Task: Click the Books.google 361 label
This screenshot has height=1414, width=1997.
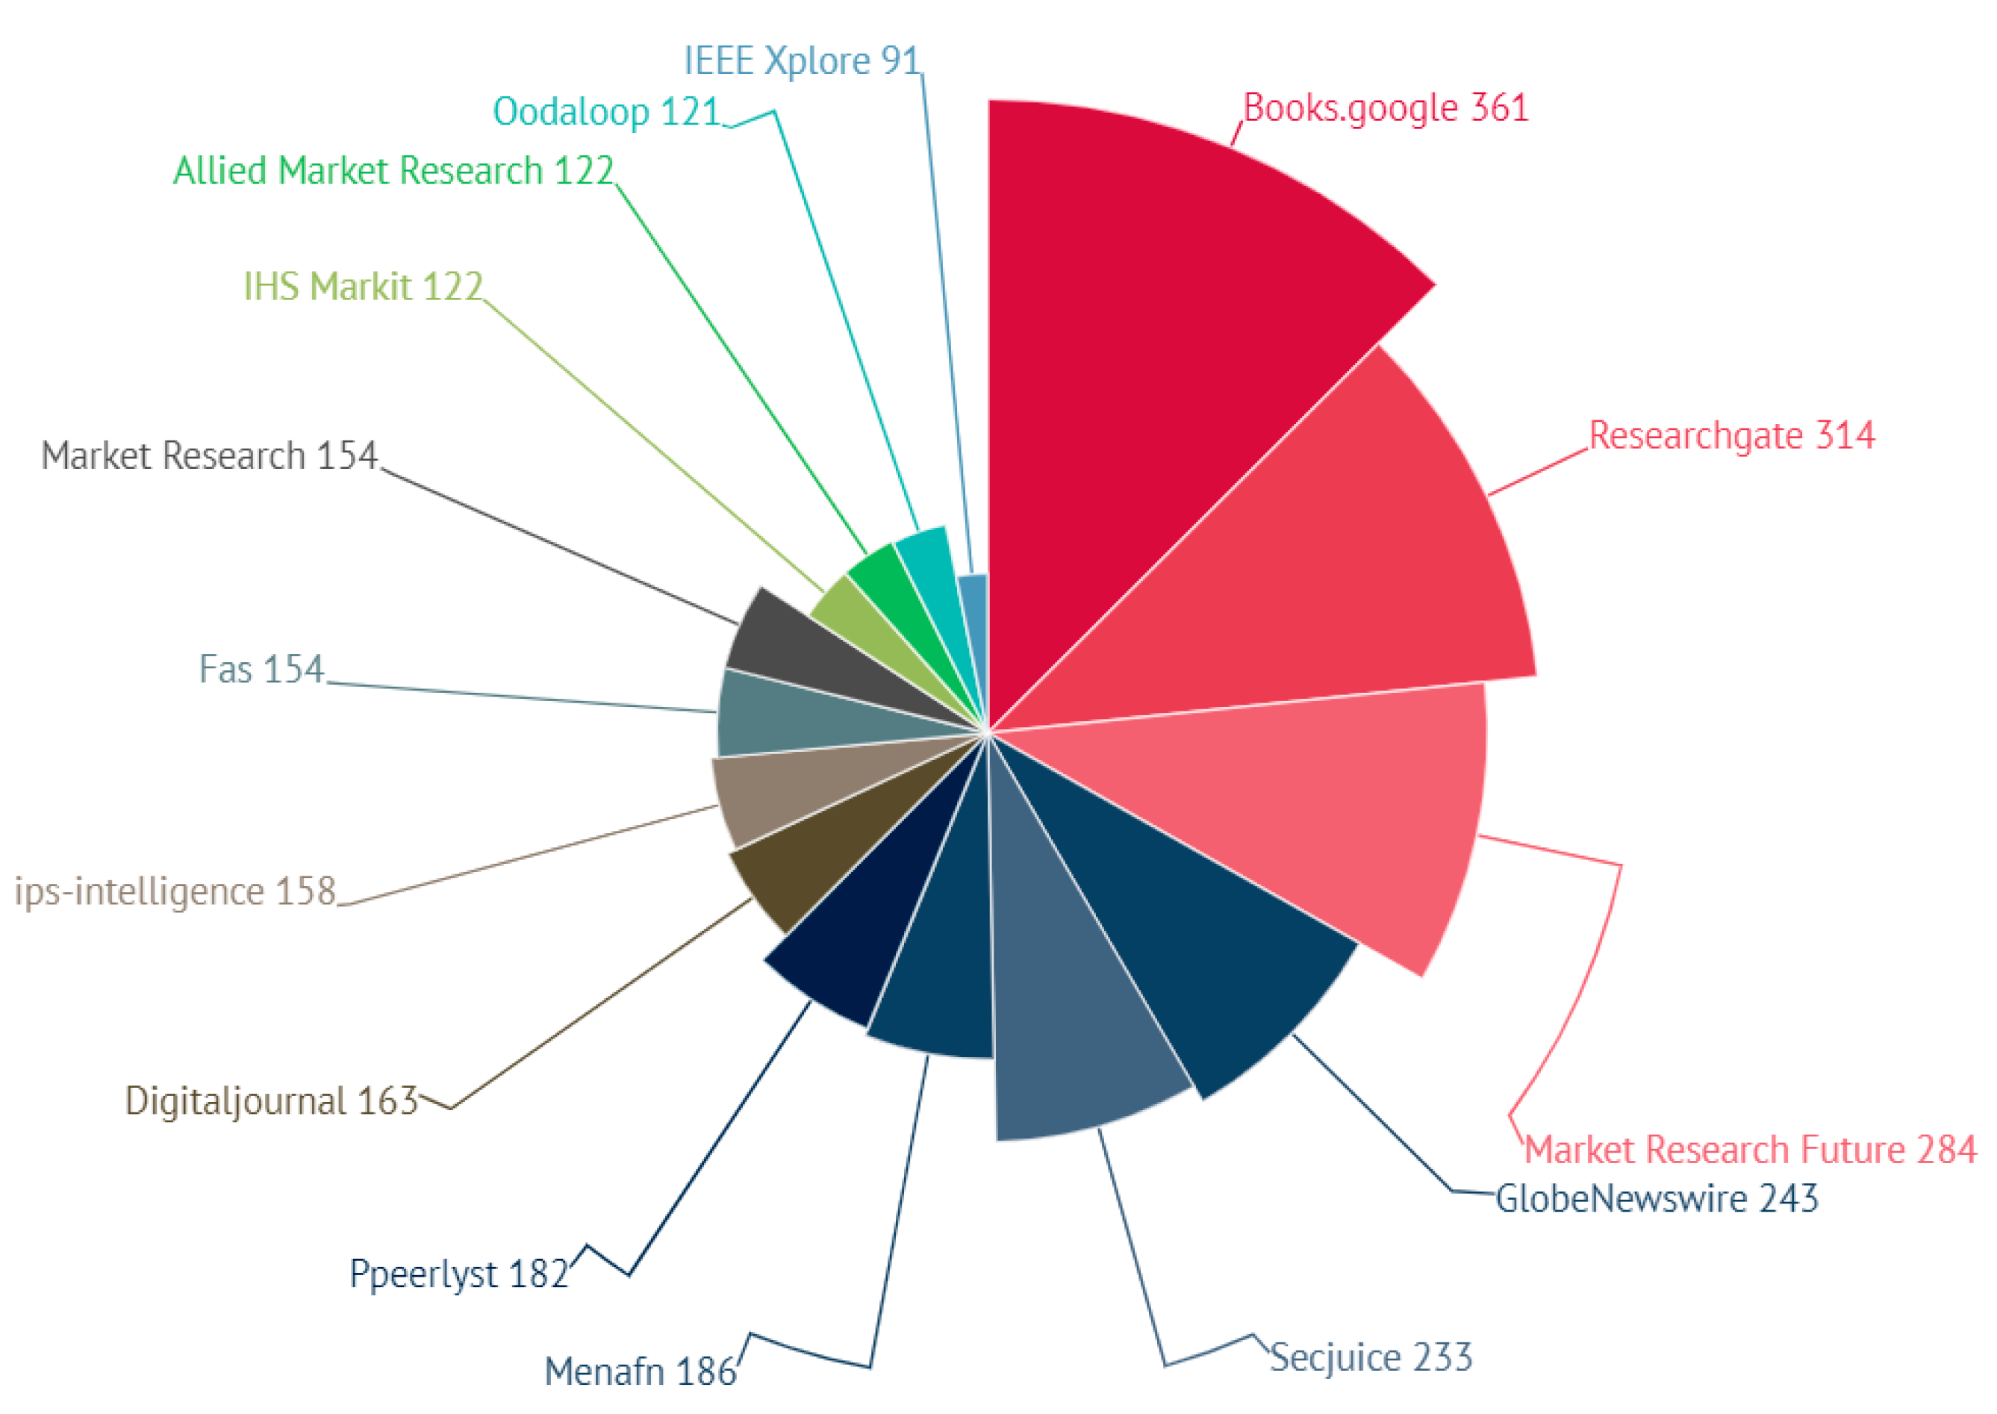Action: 1385,108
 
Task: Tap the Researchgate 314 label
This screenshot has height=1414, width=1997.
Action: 1731,435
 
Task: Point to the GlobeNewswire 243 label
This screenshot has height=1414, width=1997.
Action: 1657,1199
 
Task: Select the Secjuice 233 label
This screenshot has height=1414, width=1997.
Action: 1371,1357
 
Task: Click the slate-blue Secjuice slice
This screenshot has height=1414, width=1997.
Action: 1079,1027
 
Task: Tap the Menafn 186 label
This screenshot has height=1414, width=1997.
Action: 640,1371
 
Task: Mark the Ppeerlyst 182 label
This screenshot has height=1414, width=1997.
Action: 459,1274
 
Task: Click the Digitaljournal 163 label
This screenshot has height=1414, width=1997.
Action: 272,1101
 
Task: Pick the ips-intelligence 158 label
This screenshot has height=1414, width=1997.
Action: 175,891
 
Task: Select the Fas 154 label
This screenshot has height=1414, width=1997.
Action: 261,670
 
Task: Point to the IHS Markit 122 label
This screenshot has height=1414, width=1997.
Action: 363,287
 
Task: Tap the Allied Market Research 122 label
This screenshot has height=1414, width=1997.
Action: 393,171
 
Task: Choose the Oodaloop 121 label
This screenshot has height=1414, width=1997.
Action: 607,111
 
